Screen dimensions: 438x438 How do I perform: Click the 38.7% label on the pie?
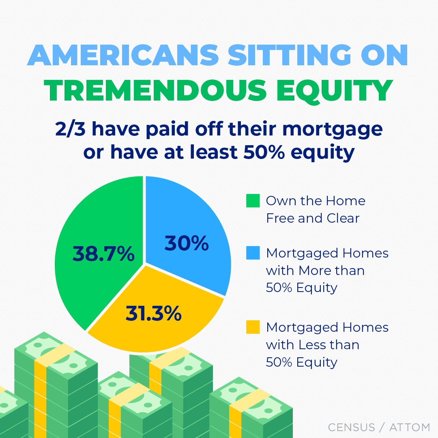pos(103,254)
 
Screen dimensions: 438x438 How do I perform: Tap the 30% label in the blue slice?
pos(187,243)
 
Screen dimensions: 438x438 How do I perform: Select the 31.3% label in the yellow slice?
pos(153,313)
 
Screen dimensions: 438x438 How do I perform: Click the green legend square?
pos(253,201)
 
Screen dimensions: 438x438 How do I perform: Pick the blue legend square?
pos(253,253)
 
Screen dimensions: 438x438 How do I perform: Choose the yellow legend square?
pos(253,327)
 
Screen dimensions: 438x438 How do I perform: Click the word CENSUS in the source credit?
pos(352,427)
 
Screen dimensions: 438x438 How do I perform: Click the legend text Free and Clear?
pos(313,218)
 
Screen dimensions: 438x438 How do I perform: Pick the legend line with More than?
pos(315,271)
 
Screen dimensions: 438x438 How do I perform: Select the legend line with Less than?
pos(312,345)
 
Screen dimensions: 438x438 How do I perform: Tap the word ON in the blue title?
pos(383,56)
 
